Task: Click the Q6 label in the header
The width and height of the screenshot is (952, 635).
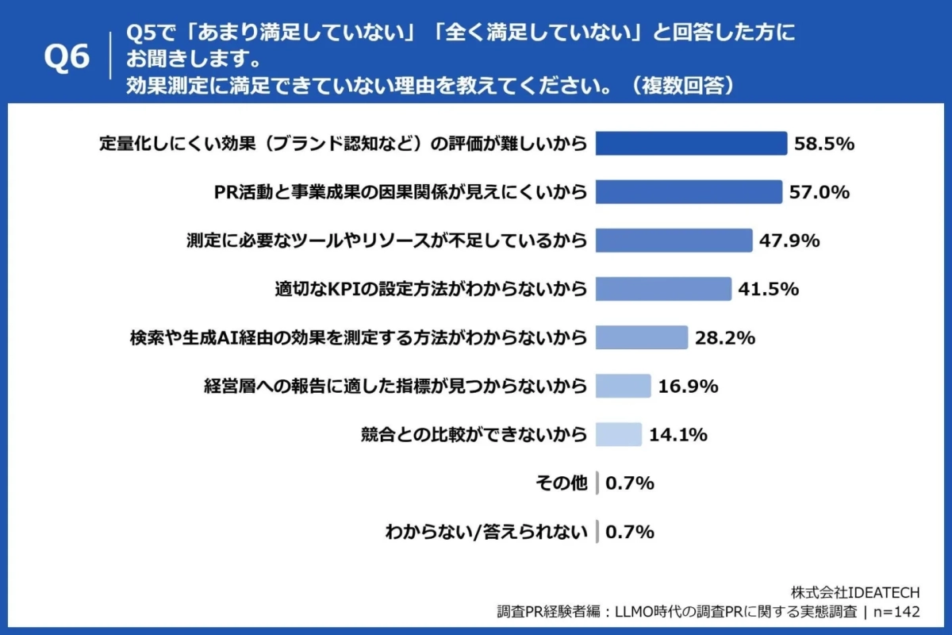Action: (67, 57)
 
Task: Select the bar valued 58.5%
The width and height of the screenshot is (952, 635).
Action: (690, 144)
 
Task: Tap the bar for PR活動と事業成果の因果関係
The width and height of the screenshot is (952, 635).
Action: (688, 192)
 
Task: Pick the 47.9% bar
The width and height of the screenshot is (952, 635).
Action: (673, 241)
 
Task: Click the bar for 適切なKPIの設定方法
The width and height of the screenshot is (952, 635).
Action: (662, 289)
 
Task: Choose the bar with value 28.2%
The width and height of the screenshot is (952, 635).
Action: (641, 337)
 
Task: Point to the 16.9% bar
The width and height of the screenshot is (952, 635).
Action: (623, 386)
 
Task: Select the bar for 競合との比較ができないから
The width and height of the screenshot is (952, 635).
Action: (618, 434)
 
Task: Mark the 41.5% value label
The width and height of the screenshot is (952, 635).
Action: (768, 289)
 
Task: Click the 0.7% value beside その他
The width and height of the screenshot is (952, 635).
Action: (630, 483)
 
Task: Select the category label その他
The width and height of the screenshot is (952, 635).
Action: (562, 483)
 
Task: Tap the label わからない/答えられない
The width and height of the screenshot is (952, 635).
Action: (486, 531)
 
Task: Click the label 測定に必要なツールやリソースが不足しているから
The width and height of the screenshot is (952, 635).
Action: (386, 241)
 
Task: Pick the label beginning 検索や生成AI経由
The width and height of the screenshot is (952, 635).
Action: (358, 337)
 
